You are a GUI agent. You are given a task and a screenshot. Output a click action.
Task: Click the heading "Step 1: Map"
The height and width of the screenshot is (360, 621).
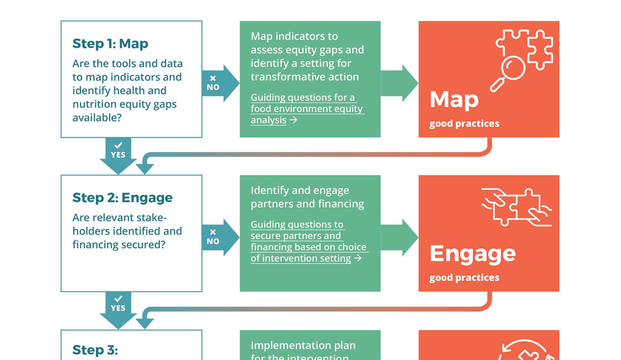tap(110, 44)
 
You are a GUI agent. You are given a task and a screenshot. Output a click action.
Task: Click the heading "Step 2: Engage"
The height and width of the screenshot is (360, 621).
tap(122, 198)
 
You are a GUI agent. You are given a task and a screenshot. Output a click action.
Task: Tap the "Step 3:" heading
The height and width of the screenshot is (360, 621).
tap(95, 350)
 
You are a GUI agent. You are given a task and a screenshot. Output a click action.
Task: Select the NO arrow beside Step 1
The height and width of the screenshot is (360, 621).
tap(219, 83)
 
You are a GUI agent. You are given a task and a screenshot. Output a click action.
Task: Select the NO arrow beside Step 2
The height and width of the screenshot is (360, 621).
tap(219, 237)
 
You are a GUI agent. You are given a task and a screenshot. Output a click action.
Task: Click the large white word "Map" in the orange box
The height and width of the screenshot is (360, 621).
tap(454, 99)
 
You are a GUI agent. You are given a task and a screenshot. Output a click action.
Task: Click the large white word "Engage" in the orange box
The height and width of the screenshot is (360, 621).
tap(472, 254)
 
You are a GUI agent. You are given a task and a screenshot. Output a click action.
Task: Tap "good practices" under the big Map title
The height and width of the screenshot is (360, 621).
tap(464, 124)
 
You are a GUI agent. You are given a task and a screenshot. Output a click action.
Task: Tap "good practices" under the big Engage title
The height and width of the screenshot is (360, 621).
tap(464, 278)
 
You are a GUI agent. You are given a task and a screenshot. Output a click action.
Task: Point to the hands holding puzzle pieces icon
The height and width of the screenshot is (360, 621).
tap(516, 207)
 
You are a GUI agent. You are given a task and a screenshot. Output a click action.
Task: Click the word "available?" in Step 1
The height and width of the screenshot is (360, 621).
tap(97, 118)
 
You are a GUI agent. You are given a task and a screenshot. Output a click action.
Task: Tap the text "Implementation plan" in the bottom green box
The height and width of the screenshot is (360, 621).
tap(303, 345)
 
